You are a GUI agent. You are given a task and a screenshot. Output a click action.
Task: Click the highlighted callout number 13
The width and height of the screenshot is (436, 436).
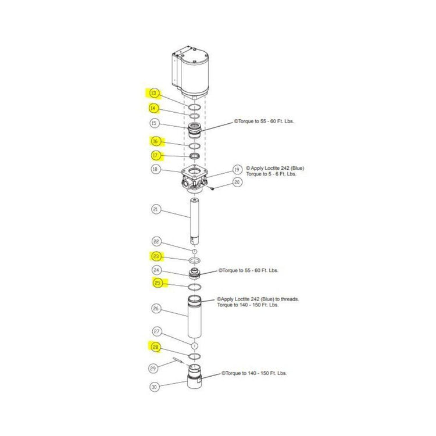click(x=153, y=93)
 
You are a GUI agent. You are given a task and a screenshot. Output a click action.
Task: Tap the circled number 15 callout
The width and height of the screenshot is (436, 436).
click(x=154, y=123)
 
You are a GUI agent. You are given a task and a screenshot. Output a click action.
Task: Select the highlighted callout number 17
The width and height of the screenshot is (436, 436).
click(x=155, y=155)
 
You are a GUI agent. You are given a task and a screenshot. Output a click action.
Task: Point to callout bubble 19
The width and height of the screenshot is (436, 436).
click(x=237, y=169)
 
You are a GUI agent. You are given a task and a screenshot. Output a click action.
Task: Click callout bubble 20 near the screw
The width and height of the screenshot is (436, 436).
click(x=237, y=182)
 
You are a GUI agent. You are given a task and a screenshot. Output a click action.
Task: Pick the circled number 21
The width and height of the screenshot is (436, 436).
click(x=155, y=209)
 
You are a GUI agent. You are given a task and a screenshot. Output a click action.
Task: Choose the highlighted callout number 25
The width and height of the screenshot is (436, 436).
click(x=158, y=283)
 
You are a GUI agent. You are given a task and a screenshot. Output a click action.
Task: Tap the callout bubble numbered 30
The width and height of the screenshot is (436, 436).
click(x=154, y=387)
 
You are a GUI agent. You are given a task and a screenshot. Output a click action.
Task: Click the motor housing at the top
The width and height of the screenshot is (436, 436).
click(x=191, y=73)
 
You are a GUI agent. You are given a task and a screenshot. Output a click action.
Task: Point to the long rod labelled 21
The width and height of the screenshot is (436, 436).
click(x=194, y=221)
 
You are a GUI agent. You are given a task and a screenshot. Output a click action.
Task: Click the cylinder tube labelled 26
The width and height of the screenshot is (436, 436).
click(x=194, y=316)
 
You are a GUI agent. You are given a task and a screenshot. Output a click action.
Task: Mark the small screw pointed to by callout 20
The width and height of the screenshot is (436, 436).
click(x=212, y=189)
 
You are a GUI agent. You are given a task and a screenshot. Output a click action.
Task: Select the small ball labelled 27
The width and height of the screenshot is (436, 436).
click(x=194, y=346)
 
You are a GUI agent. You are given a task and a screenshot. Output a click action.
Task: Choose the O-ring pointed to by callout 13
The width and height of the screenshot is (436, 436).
click(x=194, y=108)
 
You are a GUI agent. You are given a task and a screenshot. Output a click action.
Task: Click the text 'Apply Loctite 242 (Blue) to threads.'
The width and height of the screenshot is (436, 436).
click(x=258, y=299)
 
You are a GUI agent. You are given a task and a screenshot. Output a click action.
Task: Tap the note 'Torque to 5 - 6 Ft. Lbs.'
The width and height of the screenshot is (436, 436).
click(x=271, y=174)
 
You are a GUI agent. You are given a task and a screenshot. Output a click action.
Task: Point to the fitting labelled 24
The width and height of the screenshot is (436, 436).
click(x=194, y=274)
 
